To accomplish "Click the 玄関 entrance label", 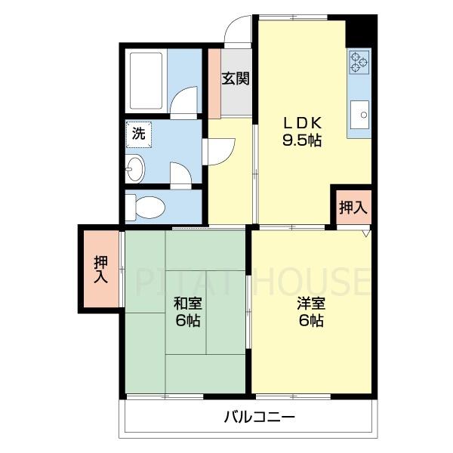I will click(x=235, y=79).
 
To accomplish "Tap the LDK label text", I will click(x=303, y=122).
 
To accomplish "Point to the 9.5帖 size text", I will click(x=303, y=140).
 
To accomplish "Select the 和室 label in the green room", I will click(x=187, y=304).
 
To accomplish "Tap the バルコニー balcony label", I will click(x=258, y=416).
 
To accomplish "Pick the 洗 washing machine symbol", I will click(x=138, y=134).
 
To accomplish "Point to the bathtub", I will click(x=144, y=79).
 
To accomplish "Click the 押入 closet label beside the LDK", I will click(x=352, y=207).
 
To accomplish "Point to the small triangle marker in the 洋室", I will click(x=365, y=233).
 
